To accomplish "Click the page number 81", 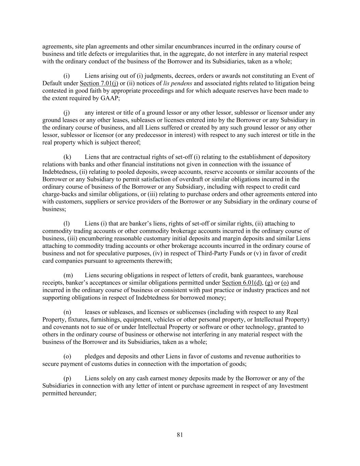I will (180, 435).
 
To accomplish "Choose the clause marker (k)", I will (67, 157).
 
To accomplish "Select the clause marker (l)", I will (67, 224).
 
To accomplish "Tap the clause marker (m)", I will (68, 275).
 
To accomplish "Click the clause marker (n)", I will (68, 312).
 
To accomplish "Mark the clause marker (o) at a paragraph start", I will (68, 356).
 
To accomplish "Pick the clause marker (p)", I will (68, 378).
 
